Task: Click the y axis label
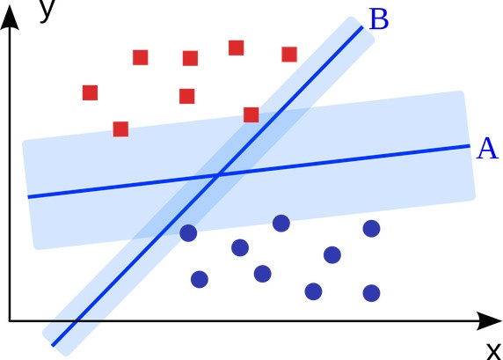[47, 10]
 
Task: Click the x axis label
[494, 351]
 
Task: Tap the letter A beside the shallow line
[487, 149]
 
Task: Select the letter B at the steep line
[379, 19]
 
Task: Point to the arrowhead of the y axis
[10, 17]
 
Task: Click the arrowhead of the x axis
[489, 320]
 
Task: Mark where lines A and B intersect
[218, 175]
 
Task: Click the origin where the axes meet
[10, 320]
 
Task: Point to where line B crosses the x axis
[77, 320]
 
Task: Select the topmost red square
[236, 48]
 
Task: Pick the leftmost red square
[91, 92]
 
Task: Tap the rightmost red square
[289, 55]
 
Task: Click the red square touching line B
[251, 115]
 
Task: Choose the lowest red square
[120, 129]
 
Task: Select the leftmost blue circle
[188, 233]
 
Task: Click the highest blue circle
[281, 224]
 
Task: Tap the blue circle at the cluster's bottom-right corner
[371, 293]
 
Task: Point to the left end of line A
[28, 197]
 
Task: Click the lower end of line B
[53, 346]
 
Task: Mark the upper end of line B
[362, 27]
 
